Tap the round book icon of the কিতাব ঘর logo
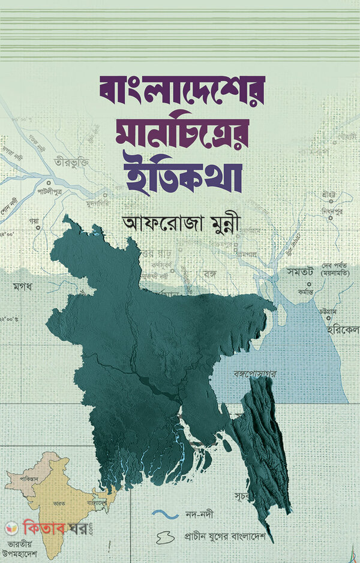(10, 530)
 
